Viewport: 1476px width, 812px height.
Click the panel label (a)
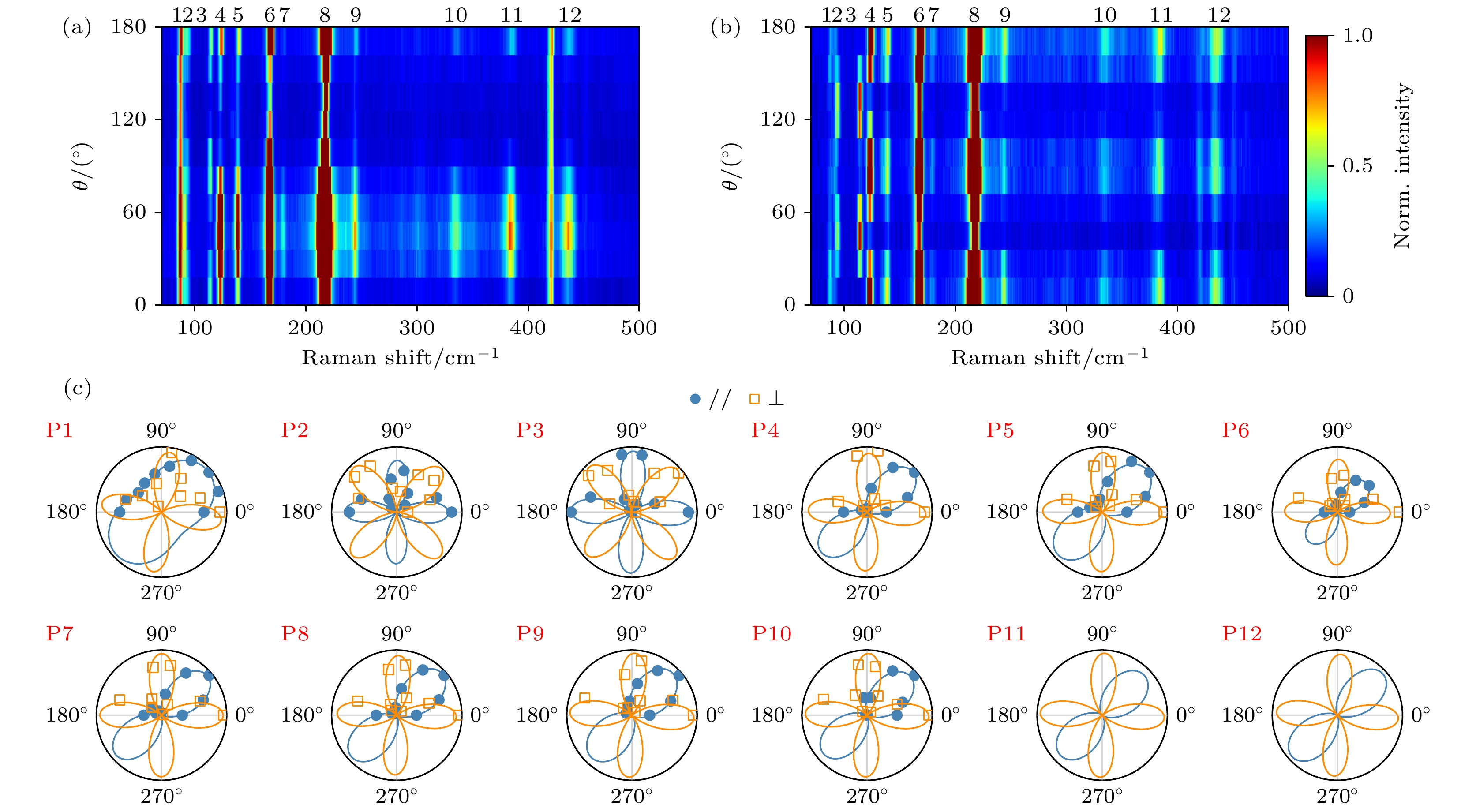coord(77,27)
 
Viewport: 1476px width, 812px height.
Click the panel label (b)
coord(725,27)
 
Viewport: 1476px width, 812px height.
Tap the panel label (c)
coord(77,389)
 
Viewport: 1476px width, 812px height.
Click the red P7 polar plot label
coord(60,634)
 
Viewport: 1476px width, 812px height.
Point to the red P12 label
coord(1242,634)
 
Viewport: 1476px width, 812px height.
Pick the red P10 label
coord(771,634)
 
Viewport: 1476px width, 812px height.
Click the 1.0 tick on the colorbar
coord(1357,36)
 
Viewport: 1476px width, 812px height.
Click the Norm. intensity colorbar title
coord(1401,166)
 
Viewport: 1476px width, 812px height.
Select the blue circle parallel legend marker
coord(695,399)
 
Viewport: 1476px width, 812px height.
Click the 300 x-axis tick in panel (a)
coord(416,328)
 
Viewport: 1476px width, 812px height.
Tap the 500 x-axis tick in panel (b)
coord(1288,328)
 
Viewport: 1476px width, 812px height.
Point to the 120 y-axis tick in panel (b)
coord(778,120)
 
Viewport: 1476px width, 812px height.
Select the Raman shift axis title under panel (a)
coord(400,358)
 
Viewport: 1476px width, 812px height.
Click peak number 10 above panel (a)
coord(456,15)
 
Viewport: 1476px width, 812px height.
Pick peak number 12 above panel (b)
coord(1219,15)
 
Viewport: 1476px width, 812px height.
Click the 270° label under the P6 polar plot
coord(1337,592)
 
